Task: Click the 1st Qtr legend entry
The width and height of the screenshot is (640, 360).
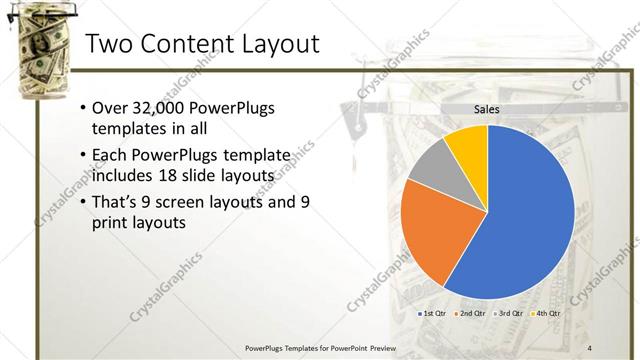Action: [x=431, y=314]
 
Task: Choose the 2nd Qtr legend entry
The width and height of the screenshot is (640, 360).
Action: [x=471, y=314]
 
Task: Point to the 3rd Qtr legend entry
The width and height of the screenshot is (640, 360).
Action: [x=509, y=314]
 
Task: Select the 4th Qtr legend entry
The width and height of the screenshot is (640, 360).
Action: [x=547, y=314]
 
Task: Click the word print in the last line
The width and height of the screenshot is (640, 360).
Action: [x=110, y=224]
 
